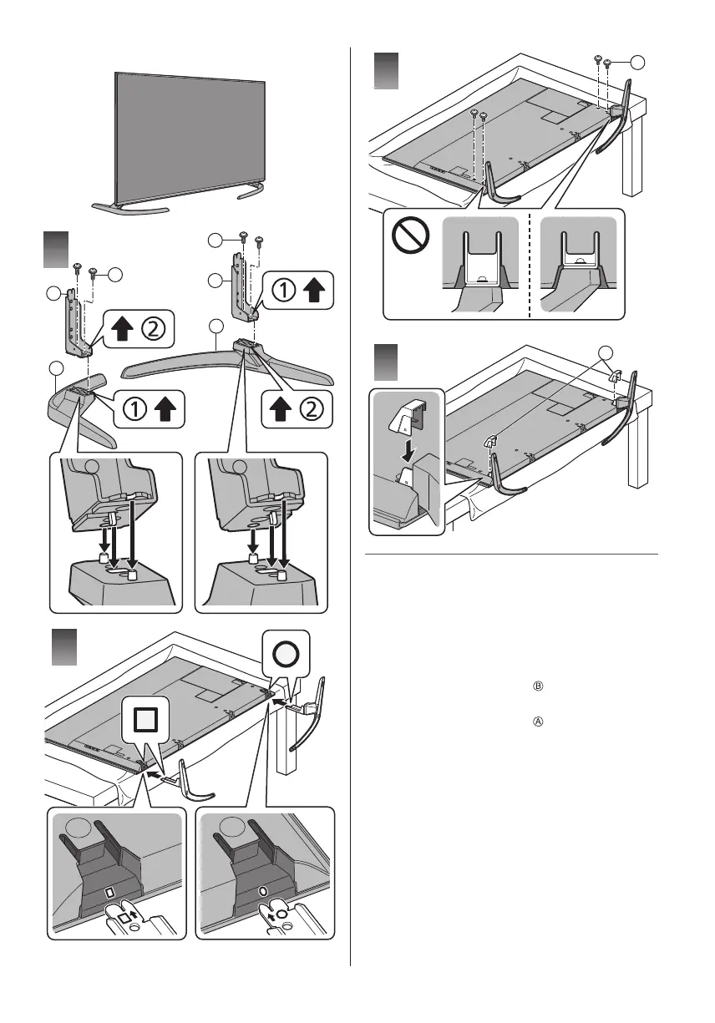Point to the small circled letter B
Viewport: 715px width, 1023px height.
coord(538,686)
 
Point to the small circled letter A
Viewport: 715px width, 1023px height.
coord(538,722)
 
